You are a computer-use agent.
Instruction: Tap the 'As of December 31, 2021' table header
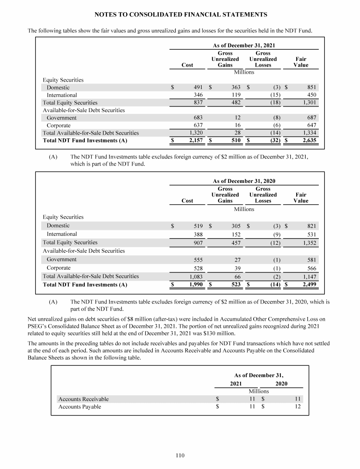(244, 45)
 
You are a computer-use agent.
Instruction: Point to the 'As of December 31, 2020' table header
(244, 181)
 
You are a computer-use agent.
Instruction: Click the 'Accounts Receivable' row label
(83, 399)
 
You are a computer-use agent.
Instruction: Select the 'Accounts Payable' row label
(80, 407)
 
